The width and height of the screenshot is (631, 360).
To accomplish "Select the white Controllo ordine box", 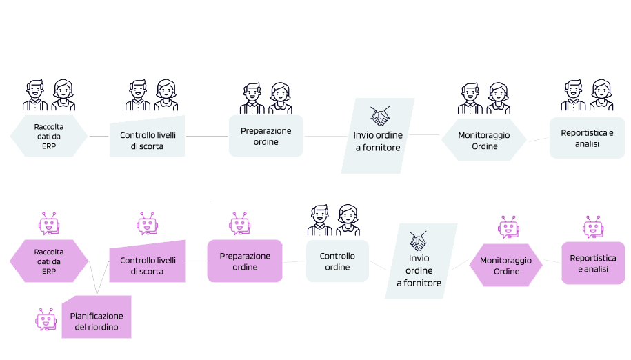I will [x=337, y=261].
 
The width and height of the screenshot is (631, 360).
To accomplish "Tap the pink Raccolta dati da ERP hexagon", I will [x=48, y=261].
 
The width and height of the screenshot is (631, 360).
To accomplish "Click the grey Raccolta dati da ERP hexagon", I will [x=48, y=135].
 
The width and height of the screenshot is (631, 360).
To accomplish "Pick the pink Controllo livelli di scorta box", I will [x=148, y=263].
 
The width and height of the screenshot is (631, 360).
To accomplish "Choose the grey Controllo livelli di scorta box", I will [x=148, y=138].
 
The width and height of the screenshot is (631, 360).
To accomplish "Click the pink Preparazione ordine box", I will [x=245, y=261].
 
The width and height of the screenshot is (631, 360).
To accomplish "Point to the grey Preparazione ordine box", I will [x=266, y=136].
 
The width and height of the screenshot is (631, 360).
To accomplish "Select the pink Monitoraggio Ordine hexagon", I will [x=505, y=266].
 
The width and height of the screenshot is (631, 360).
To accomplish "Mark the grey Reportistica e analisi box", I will [x=587, y=138].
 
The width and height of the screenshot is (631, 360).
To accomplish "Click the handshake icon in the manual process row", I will [x=380, y=114].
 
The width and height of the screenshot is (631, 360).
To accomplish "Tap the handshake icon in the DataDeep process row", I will [x=419, y=241].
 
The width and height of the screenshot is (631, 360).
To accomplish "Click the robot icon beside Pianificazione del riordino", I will [x=46, y=319].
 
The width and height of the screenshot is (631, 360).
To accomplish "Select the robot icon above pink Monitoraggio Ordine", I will [x=508, y=227].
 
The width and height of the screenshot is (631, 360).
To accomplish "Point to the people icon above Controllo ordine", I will [x=334, y=221].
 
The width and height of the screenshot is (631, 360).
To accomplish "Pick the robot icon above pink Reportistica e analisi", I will [x=593, y=226].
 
